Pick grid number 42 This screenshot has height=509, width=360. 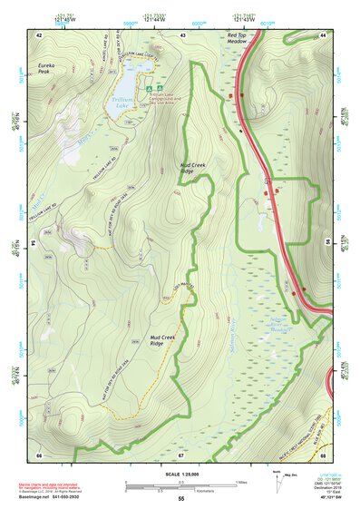tap(40, 34)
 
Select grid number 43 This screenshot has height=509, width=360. tap(182, 34)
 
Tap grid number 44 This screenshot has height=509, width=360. tap(323, 34)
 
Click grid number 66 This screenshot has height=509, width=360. tap(39, 454)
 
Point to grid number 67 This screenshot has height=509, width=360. tap(180, 454)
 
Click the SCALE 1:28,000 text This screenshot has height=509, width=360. tap(180, 474)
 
